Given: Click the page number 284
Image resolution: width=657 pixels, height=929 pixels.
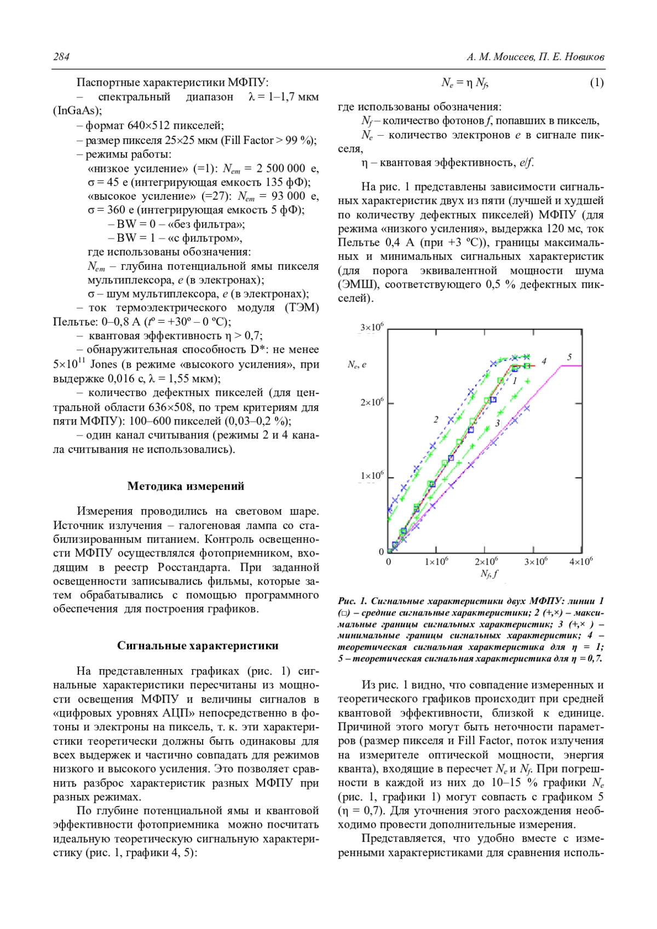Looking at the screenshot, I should pos(61,57).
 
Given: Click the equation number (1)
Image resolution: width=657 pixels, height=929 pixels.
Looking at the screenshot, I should pos(596,83).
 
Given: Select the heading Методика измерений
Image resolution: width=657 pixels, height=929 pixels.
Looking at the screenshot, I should pos(186,486).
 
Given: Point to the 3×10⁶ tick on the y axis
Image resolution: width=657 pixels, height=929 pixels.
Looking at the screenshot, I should pos(372,328).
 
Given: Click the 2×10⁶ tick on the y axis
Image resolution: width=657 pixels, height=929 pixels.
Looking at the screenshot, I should pos(372,403).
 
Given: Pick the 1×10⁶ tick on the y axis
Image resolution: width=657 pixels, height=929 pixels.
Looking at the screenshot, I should pos(372,476).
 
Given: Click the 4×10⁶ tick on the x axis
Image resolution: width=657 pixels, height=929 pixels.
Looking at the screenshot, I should pos(580,562).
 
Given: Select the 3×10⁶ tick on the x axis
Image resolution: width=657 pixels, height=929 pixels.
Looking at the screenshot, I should pos(535,562).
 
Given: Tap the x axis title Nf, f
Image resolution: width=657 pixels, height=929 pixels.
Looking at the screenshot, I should pos(489,574).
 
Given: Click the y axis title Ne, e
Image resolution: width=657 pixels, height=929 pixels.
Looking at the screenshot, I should pos(357,364).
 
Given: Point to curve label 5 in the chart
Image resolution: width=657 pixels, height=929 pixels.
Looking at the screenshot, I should pos(569,357).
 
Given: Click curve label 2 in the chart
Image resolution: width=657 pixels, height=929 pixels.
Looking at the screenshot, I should pos(436,420).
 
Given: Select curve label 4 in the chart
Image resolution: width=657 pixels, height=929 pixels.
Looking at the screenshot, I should pos(544,361).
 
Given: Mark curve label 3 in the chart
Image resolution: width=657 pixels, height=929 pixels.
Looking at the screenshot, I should pos(497,423).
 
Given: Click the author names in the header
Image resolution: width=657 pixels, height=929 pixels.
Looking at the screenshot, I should pos(535,57).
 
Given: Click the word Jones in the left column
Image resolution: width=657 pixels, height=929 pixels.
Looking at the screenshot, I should pos(103,364).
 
